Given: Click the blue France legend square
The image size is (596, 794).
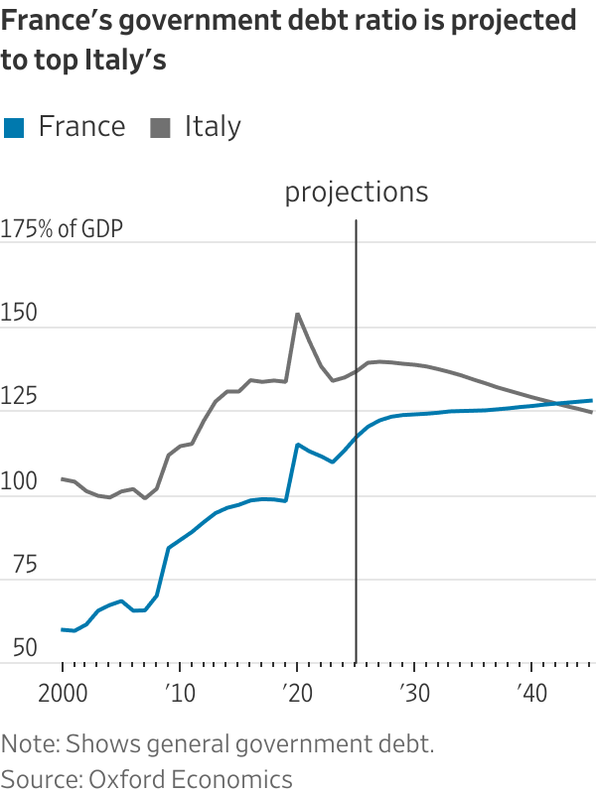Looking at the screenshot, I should pos(14,127).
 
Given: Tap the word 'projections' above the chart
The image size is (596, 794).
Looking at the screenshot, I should pos(357,192).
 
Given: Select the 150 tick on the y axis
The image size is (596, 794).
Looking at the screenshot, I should pos(20,316).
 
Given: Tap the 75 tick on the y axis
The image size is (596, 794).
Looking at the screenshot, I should pos(15,567).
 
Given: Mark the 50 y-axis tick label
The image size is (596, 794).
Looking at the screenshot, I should pos(15,650).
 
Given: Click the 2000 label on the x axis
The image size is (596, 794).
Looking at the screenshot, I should pos(62,691).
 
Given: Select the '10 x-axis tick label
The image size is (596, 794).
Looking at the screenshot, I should pos(179,691).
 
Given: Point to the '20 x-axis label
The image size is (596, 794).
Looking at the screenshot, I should pos(296,691).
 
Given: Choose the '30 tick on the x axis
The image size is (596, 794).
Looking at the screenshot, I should pos(413,691).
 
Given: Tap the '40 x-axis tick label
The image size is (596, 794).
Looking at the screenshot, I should pos(530,691).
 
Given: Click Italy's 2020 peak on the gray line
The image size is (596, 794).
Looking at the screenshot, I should pos(297,314).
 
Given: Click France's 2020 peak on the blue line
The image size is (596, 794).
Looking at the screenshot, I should pos(297,444).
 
